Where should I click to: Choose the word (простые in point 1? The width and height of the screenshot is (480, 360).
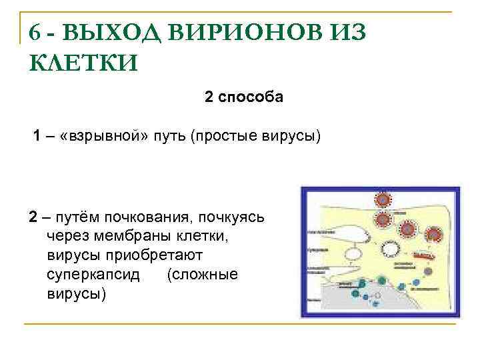(x=221, y=137)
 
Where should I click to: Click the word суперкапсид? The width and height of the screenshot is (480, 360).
(x=93, y=275)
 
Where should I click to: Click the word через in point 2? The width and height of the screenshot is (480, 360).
(x=66, y=237)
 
